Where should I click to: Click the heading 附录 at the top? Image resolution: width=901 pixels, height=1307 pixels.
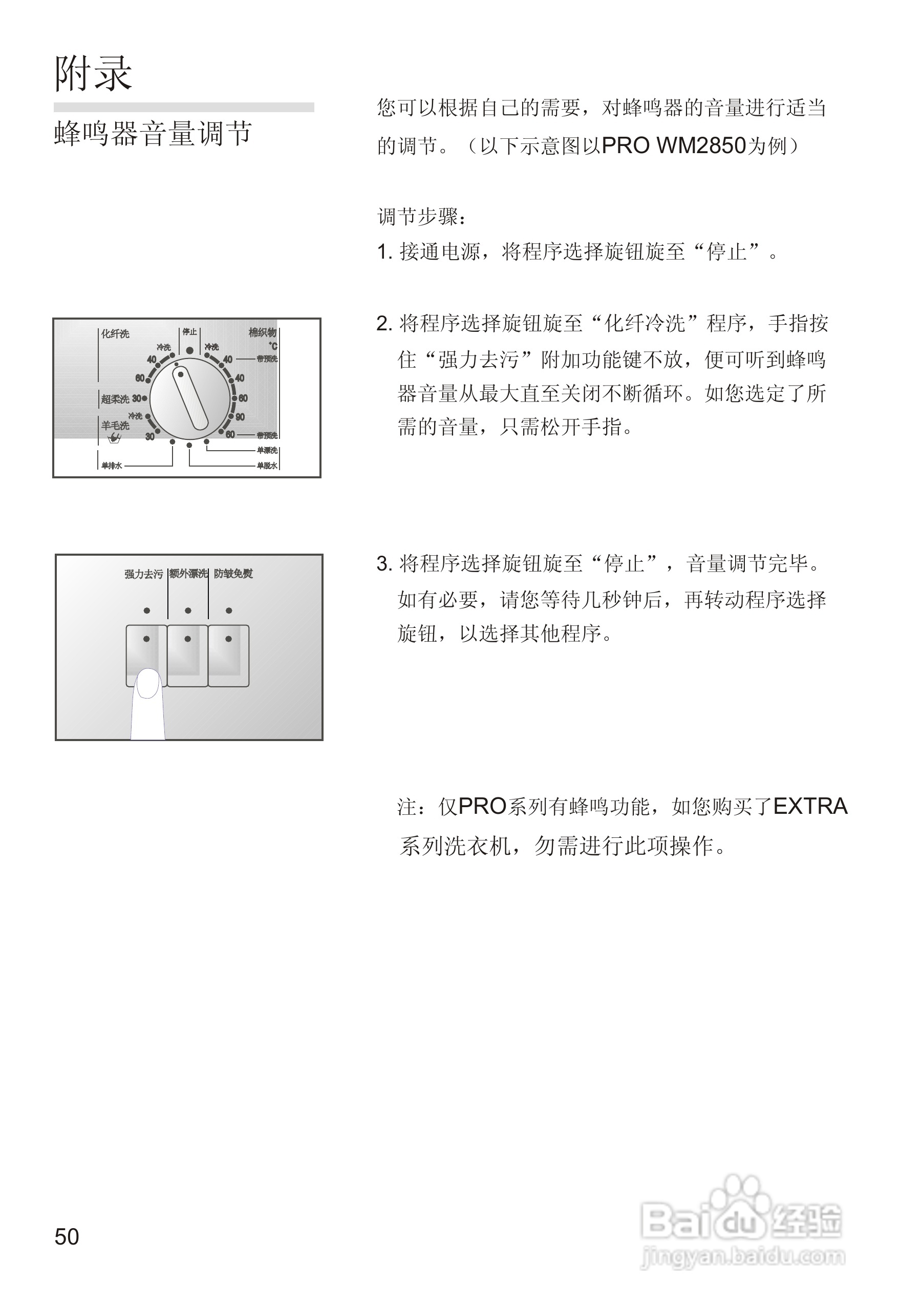coord(93,73)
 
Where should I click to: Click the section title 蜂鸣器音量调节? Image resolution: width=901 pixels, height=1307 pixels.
coord(153,134)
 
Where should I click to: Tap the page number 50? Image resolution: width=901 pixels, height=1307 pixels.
coord(67,1236)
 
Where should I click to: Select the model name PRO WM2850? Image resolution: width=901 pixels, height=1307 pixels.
coord(674,146)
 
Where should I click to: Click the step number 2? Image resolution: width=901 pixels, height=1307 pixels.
coord(384,324)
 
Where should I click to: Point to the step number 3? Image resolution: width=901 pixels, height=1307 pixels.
coord(384,564)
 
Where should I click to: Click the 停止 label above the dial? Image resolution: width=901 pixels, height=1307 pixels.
coord(190,332)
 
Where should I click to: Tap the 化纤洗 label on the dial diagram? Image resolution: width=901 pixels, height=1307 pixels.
coord(115,334)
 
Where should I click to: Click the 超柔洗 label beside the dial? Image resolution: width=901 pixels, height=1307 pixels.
coord(115,399)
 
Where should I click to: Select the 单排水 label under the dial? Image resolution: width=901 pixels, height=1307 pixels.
coord(111,466)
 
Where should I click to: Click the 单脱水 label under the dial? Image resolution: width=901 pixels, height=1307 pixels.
coord(267,466)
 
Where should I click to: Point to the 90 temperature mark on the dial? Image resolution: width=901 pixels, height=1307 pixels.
coord(240,417)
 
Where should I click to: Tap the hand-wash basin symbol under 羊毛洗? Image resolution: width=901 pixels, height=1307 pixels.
coord(115,437)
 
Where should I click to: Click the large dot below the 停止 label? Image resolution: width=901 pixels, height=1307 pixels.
coord(190,350)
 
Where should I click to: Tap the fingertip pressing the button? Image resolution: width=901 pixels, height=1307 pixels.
coord(148,683)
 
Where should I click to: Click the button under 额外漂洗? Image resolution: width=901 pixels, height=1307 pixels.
coord(187,655)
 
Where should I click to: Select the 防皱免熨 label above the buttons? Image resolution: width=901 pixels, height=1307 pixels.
coord(233,574)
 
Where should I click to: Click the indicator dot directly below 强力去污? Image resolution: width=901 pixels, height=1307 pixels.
coord(147,610)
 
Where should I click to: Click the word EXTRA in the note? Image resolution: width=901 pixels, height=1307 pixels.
coord(810,807)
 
